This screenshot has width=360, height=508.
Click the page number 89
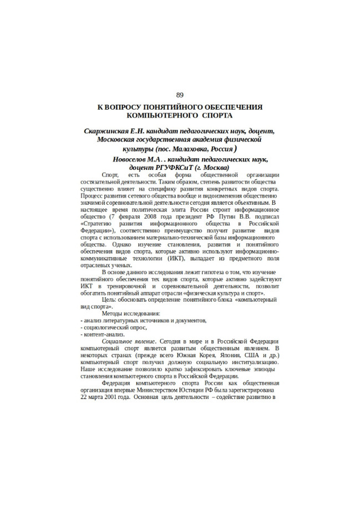[x=180, y=94]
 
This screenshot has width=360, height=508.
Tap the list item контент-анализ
[x=104, y=334]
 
